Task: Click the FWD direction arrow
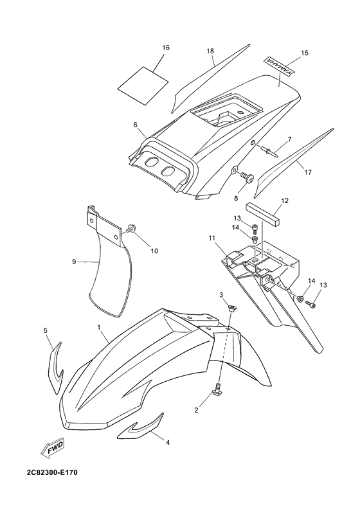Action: click(53, 447)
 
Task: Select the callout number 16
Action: click(166, 48)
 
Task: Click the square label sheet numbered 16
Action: click(143, 85)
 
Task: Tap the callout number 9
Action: click(74, 262)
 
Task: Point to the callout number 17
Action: click(308, 172)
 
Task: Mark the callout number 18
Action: click(210, 51)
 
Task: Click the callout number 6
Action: click(136, 125)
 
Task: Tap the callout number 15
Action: click(305, 53)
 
